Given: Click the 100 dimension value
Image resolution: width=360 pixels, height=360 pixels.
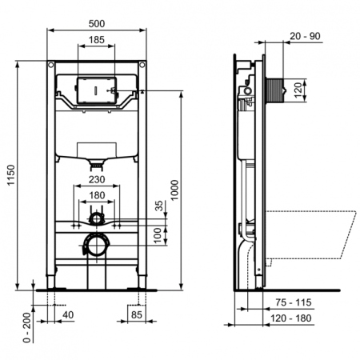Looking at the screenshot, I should [x=159, y=235].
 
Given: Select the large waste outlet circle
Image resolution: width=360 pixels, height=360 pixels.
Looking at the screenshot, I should [x=96, y=243].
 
